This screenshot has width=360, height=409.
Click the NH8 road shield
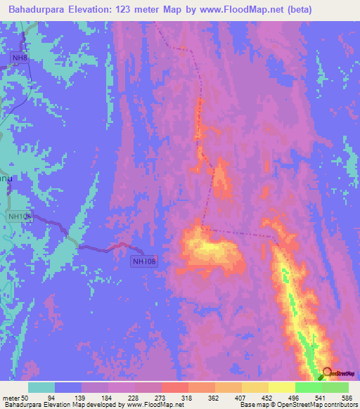click(x=20, y=58)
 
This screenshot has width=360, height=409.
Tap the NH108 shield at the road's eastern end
click(x=144, y=261)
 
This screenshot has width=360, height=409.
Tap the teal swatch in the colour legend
click(x=41, y=387)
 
